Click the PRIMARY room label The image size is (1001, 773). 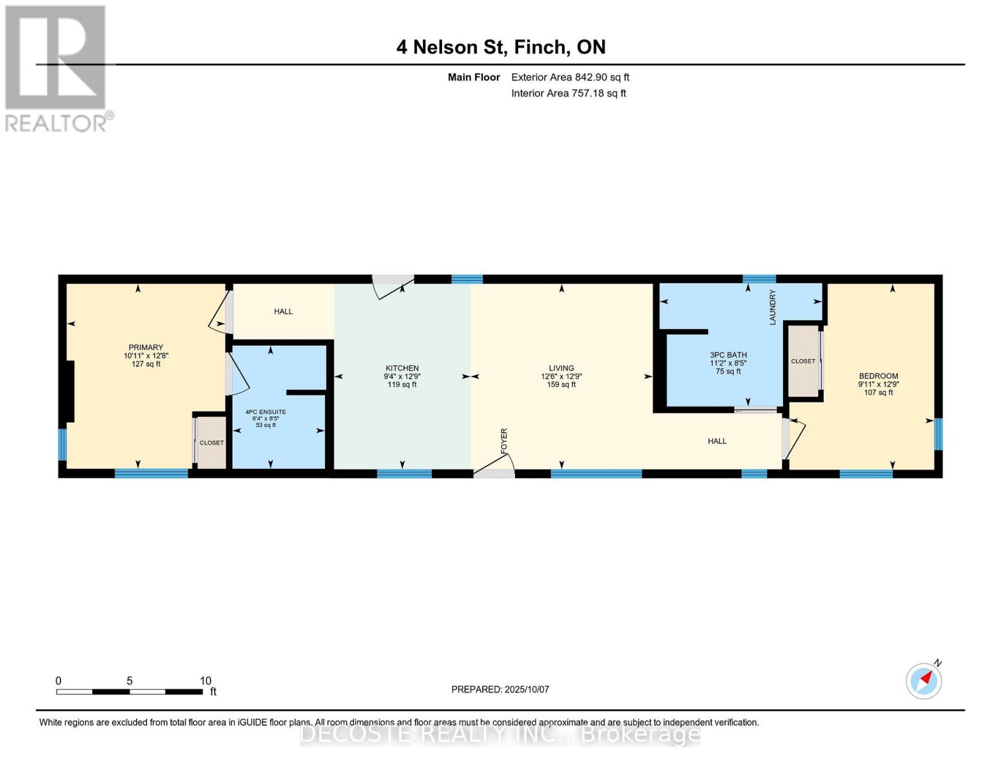click(x=146, y=347)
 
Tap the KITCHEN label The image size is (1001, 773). click(x=402, y=368)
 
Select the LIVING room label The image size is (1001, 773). click(x=561, y=368)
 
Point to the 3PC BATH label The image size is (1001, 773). click(x=728, y=354)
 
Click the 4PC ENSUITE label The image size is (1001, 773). click(x=266, y=412)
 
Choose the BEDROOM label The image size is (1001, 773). click(x=878, y=376)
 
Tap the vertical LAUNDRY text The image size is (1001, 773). click(x=773, y=307)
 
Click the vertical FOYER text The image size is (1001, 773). click(x=503, y=439)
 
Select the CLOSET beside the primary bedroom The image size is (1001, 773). click(x=211, y=443)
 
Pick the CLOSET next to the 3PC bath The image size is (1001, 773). click(x=803, y=361)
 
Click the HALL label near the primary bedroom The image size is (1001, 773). click(x=283, y=311)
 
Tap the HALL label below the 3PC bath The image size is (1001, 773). click(x=717, y=441)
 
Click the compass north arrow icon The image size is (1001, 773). click(x=924, y=681)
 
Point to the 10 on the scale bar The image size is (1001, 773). click(x=206, y=680)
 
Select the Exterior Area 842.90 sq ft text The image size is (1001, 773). click(x=570, y=77)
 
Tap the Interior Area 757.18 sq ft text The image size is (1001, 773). click(x=569, y=93)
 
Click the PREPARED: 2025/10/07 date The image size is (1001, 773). click(x=500, y=689)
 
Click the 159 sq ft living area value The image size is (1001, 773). click(x=561, y=385)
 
